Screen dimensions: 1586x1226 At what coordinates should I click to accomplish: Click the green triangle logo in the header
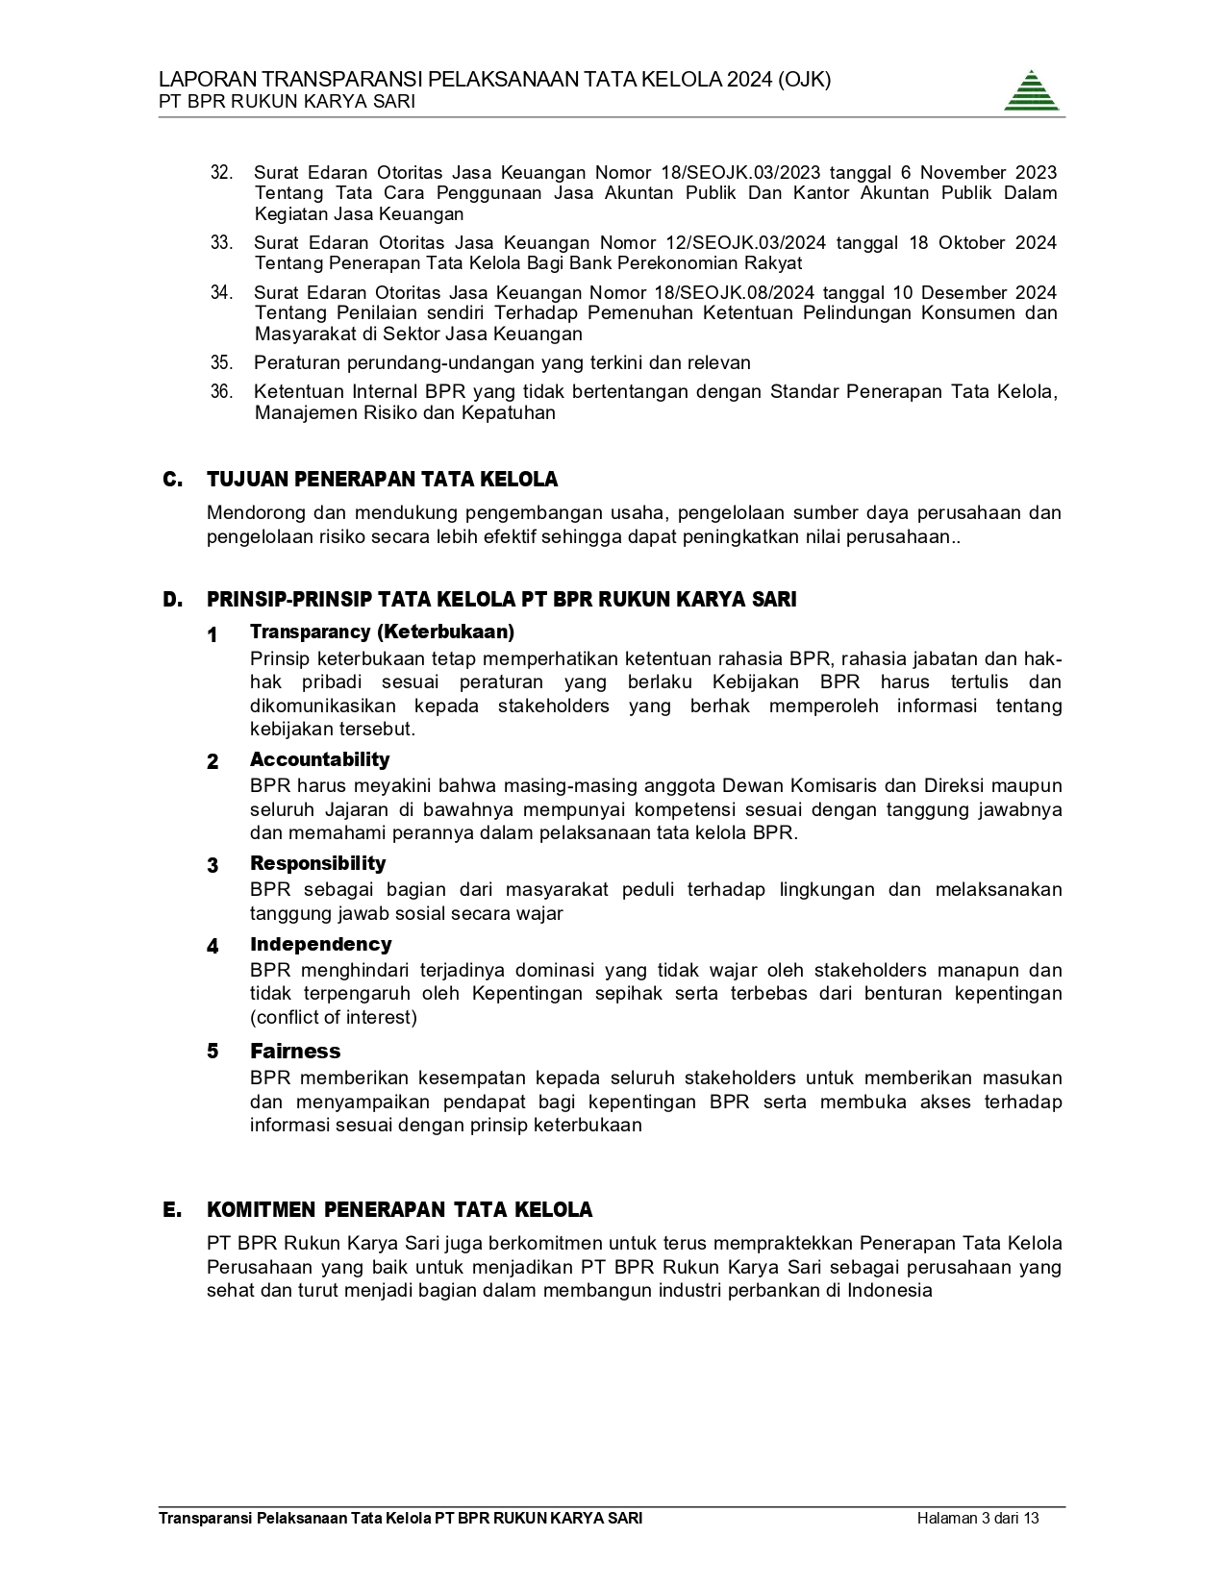[x=1032, y=91]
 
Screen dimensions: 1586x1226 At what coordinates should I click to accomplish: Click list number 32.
[x=221, y=173]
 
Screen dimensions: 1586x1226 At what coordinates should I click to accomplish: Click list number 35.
[x=221, y=363]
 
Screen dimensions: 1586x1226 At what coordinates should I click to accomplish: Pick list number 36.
[x=221, y=392]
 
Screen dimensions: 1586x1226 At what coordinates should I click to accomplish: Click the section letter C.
[x=172, y=480]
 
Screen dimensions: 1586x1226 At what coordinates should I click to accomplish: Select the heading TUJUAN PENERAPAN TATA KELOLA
[x=382, y=480]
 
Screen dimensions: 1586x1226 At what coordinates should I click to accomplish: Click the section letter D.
[x=172, y=600]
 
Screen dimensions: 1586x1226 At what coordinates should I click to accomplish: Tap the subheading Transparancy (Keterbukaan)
[x=382, y=632]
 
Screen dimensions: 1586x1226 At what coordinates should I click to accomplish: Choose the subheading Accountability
[x=319, y=759]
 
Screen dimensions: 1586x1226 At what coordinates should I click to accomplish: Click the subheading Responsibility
[x=317, y=863]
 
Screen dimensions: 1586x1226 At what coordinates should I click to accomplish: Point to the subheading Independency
[x=320, y=944]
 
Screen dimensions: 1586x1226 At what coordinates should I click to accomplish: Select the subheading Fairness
[x=295, y=1051]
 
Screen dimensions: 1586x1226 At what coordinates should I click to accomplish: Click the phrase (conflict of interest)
[x=334, y=1017]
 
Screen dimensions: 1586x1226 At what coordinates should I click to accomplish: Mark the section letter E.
[x=172, y=1209]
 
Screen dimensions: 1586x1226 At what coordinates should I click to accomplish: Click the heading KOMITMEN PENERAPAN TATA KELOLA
[x=399, y=1209]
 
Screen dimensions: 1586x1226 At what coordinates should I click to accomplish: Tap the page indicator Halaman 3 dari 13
[x=978, y=1519]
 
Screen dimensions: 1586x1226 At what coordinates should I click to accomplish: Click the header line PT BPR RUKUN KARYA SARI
[x=288, y=102]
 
